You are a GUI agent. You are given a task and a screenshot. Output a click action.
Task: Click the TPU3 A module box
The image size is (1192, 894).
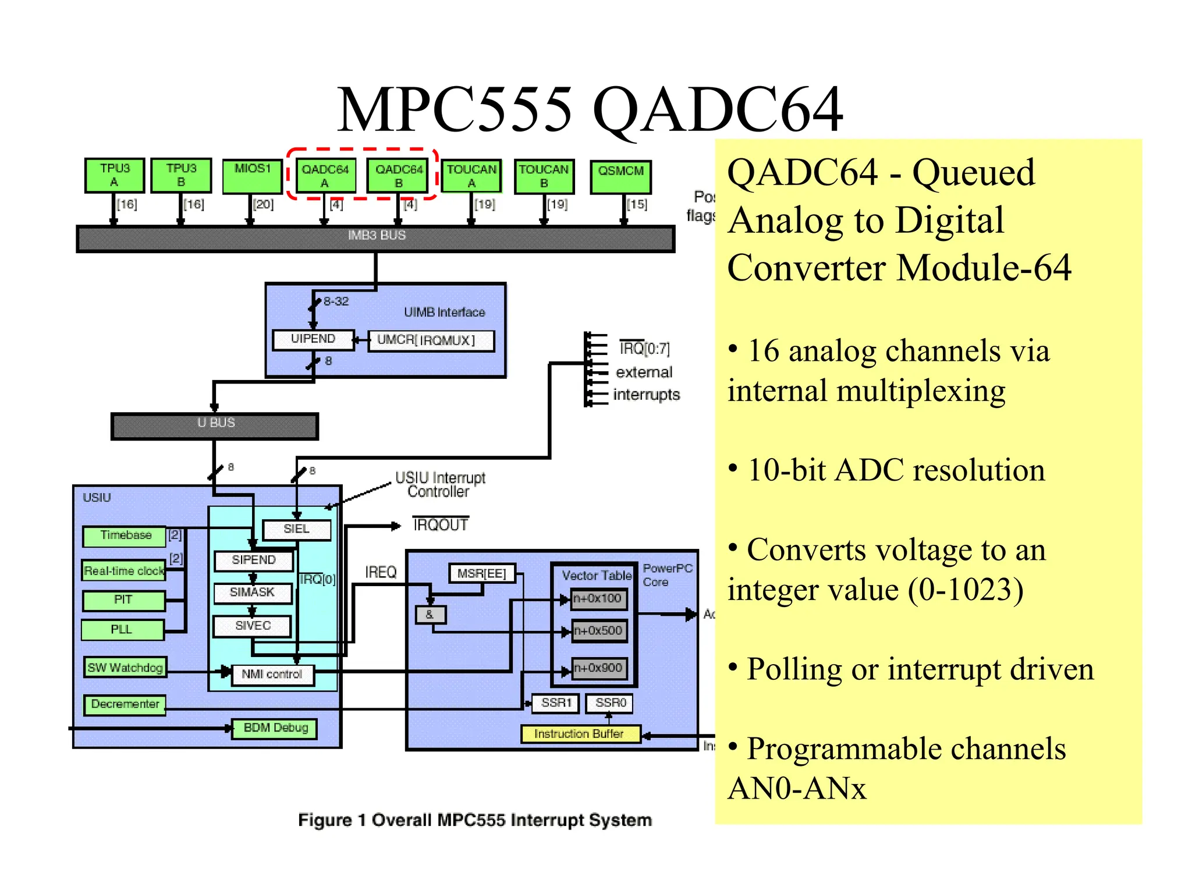point(115,175)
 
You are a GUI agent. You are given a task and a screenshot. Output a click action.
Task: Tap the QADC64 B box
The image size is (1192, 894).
point(398,176)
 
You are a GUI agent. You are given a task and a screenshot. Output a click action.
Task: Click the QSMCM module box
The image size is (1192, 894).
point(620,177)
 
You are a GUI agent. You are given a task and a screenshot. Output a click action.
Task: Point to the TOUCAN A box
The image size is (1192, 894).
point(471,176)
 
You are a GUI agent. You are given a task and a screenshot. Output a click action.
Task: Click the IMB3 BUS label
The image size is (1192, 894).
point(377,236)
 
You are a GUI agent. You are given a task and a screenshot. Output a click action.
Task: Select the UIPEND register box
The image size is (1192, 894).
point(313,339)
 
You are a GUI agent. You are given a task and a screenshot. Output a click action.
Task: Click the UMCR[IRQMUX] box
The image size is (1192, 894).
point(431,340)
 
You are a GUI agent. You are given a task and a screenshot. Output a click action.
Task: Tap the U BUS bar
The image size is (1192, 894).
point(215,424)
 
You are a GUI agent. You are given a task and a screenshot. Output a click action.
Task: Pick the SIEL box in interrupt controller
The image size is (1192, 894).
point(297,529)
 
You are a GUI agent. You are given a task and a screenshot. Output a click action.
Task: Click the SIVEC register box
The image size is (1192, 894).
point(253,626)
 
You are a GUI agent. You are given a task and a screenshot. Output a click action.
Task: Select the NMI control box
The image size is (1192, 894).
point(272,675)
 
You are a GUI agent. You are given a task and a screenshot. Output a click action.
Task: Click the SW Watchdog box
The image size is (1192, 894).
point(125,668)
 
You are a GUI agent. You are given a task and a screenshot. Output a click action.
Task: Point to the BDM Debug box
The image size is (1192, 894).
point(275,728)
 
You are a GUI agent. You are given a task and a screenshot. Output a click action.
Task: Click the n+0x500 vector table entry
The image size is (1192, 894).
point(598,631)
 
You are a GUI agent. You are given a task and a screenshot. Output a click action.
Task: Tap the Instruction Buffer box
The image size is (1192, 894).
point(580,734)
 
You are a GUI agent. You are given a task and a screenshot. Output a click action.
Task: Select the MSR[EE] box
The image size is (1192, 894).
point(482,573)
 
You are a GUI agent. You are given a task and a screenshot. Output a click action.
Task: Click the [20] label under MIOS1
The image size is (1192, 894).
point(263,204)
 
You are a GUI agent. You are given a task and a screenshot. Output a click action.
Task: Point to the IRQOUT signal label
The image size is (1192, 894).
point(441,525)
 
